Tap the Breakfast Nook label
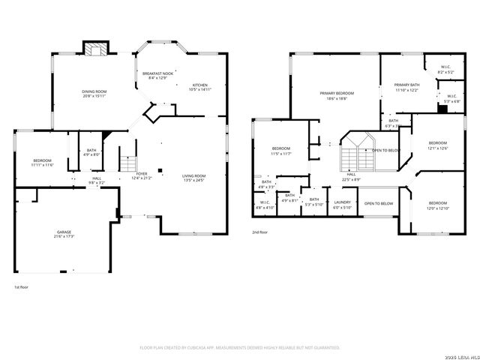point(157,76)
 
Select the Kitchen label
point(199,87)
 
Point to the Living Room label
point(194,178)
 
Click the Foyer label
point(142,176)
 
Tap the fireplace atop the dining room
point(95,50)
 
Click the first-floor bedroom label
point(42,162)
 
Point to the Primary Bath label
point(407,87)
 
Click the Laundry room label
point(343,204)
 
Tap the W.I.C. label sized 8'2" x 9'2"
point(445,70)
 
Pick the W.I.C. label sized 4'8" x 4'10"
point(265,204)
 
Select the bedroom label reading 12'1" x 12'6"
point(437,145)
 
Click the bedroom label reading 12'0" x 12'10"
point(437,205)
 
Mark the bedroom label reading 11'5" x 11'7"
point(281,151)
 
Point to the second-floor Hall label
point(351,178)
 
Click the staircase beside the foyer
point(128,164)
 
